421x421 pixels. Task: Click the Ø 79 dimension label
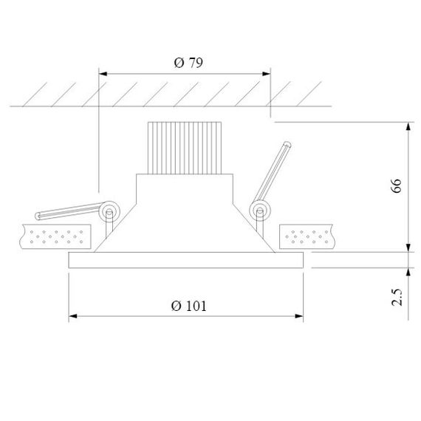click(x=188, y=63)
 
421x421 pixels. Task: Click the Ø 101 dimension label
click(x=188, y=306)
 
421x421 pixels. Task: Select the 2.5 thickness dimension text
click(x=397, y=297)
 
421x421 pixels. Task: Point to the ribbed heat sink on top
click(x=185, y=147)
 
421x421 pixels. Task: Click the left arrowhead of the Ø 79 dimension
click(x=103, y=74)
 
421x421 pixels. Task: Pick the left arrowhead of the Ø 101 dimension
click(x=72, y=318)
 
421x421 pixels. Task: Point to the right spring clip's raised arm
click(x=275, y=170)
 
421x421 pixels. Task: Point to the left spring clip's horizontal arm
click(x=66, y=213)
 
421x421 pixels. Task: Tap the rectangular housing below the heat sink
click(x=185, y=188)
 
